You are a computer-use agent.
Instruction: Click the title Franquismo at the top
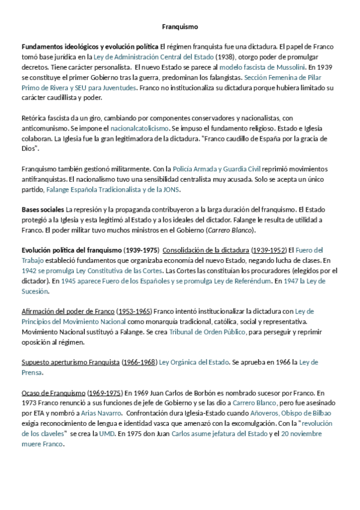click(x=180, y=27)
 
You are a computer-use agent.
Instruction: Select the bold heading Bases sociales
click(x=43, y=209)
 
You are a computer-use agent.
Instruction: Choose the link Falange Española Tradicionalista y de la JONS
click(x=113, y=189)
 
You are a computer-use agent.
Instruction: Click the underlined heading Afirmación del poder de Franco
click(x=67, y=312)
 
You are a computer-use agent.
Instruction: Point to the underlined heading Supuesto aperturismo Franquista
click(x=70, y=363)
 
